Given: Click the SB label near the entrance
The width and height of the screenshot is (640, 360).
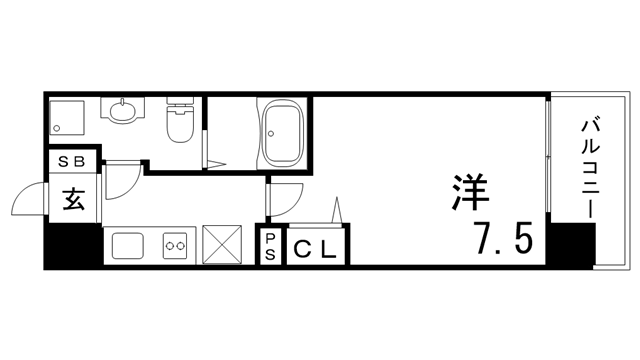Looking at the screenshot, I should (76, 161).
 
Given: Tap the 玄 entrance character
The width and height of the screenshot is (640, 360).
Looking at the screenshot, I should (74, 198).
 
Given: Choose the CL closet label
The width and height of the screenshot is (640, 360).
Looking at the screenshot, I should (316, 247).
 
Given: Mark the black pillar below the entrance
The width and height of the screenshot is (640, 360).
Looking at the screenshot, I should (72, 245).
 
